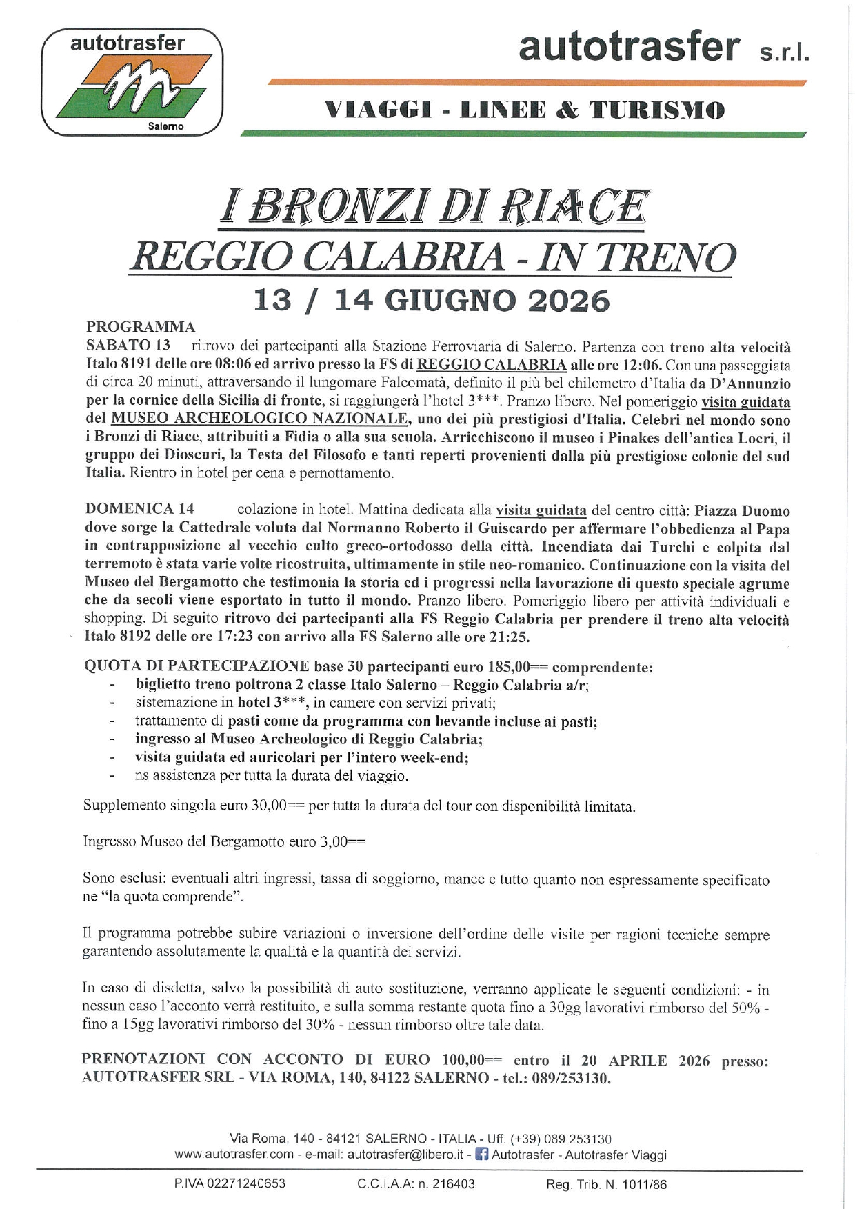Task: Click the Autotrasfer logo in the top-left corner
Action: pyautogui.click(x=132, y=81)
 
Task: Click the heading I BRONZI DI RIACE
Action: pyautogui.click(x=434, y=206)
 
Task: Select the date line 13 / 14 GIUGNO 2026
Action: pyautogui.click(x=432, y=301)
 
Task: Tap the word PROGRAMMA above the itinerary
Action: pyautogui.click(x=141, y=327)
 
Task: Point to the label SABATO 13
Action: pyautogui.click(x=128, y=345)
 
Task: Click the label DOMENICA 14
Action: pyautogui.click(x=140, y=509)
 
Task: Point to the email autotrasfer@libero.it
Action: pyautogui.click(x=405, y=1155)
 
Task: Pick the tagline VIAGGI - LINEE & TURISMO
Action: pyautogui.click(x=524, y=110)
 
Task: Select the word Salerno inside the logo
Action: pyautogui.click(x=165, y=127)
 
